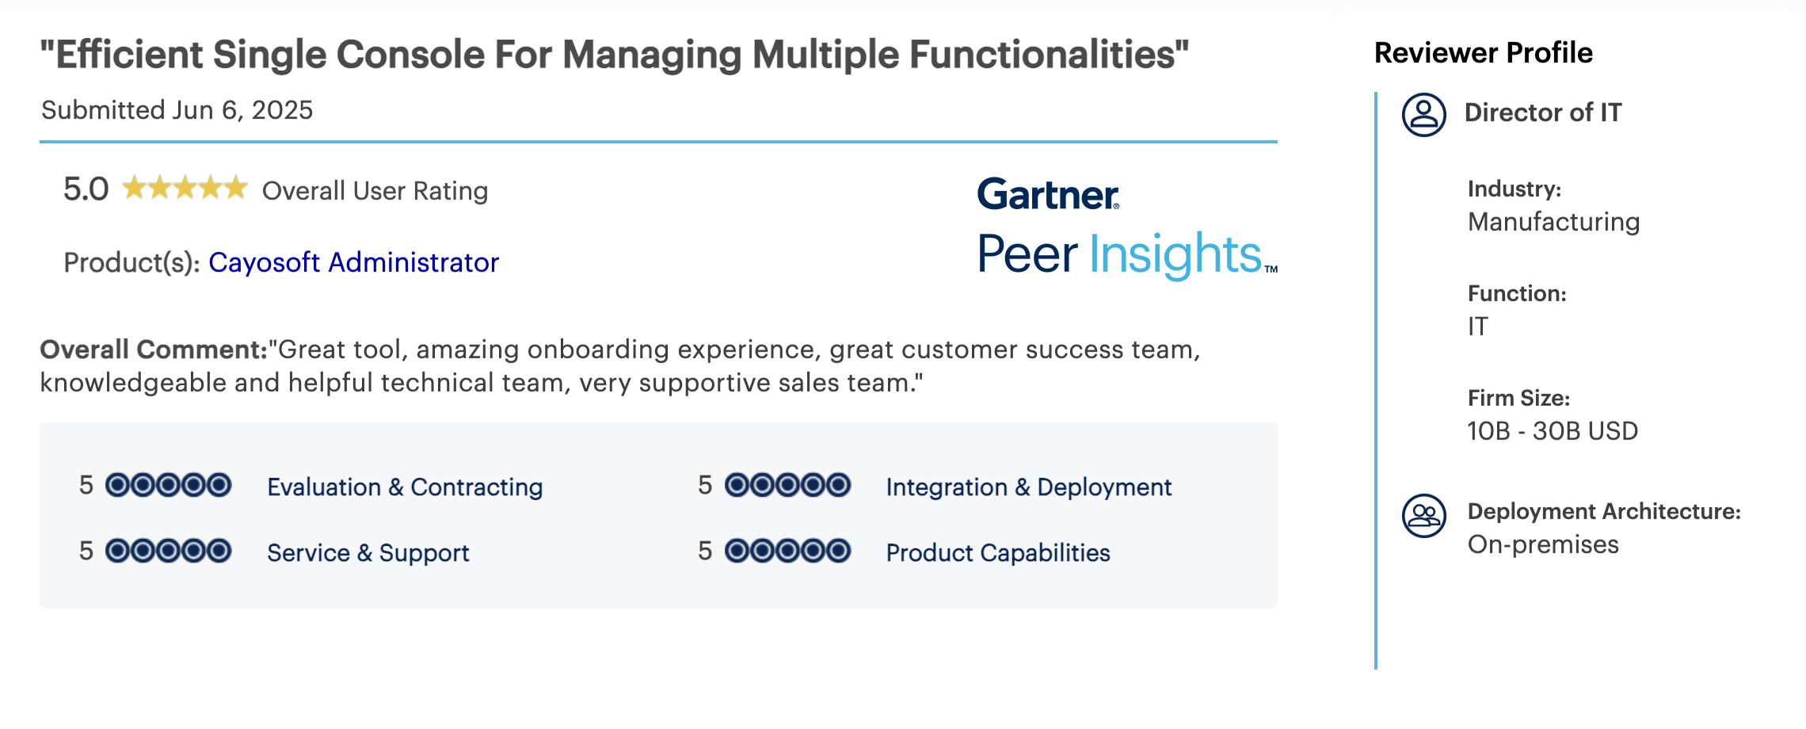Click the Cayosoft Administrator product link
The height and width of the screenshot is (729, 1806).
[353, 262]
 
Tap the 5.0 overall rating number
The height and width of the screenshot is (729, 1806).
[86, 189]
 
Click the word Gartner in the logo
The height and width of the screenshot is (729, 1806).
[1048, 194]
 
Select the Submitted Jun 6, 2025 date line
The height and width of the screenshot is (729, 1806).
[177, 110]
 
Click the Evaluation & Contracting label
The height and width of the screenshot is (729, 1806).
[405, 487]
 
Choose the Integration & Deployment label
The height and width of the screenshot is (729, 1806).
[1028, 487]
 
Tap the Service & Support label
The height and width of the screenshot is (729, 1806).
[368, 552]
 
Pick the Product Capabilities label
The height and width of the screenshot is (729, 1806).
[998, 552]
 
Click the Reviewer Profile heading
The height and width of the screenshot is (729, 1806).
[1483, 52]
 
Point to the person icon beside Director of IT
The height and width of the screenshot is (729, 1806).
[1423, 115]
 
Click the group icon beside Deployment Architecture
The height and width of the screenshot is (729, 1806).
[1423, 516]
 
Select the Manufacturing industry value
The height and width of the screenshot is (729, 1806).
[1553, 222]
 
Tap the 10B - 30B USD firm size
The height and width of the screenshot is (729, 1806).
[1553, 431]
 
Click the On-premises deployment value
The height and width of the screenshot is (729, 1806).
[1543, 545]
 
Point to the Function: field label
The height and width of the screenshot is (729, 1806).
[1517, 294]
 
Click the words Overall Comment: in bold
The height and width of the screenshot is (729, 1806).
[154, 349]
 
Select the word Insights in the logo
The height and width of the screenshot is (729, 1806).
[1175, 254]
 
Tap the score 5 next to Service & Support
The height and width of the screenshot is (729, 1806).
[86, 551]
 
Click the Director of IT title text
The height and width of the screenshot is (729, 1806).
[1543, 113]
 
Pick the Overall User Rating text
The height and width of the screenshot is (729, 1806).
[375, 191]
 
